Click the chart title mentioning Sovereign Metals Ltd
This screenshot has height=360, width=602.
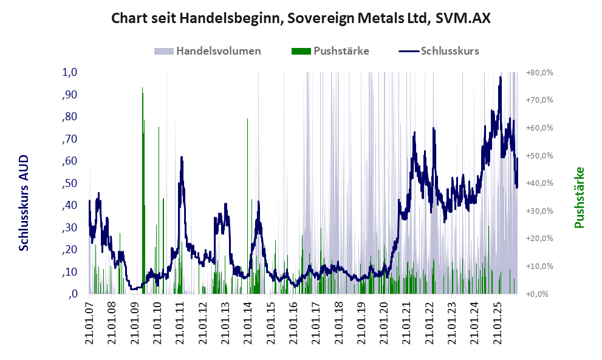(301, 18)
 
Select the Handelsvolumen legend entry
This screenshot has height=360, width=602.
(218, 51)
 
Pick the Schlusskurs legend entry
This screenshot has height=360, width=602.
(450, 51)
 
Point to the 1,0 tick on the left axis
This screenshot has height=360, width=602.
(70, 72)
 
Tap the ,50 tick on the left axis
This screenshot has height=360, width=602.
(70, 183)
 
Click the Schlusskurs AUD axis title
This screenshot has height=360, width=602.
(24, 203)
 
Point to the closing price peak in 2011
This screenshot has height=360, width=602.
(181, 157)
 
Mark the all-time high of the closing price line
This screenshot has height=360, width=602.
(500, 77)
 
